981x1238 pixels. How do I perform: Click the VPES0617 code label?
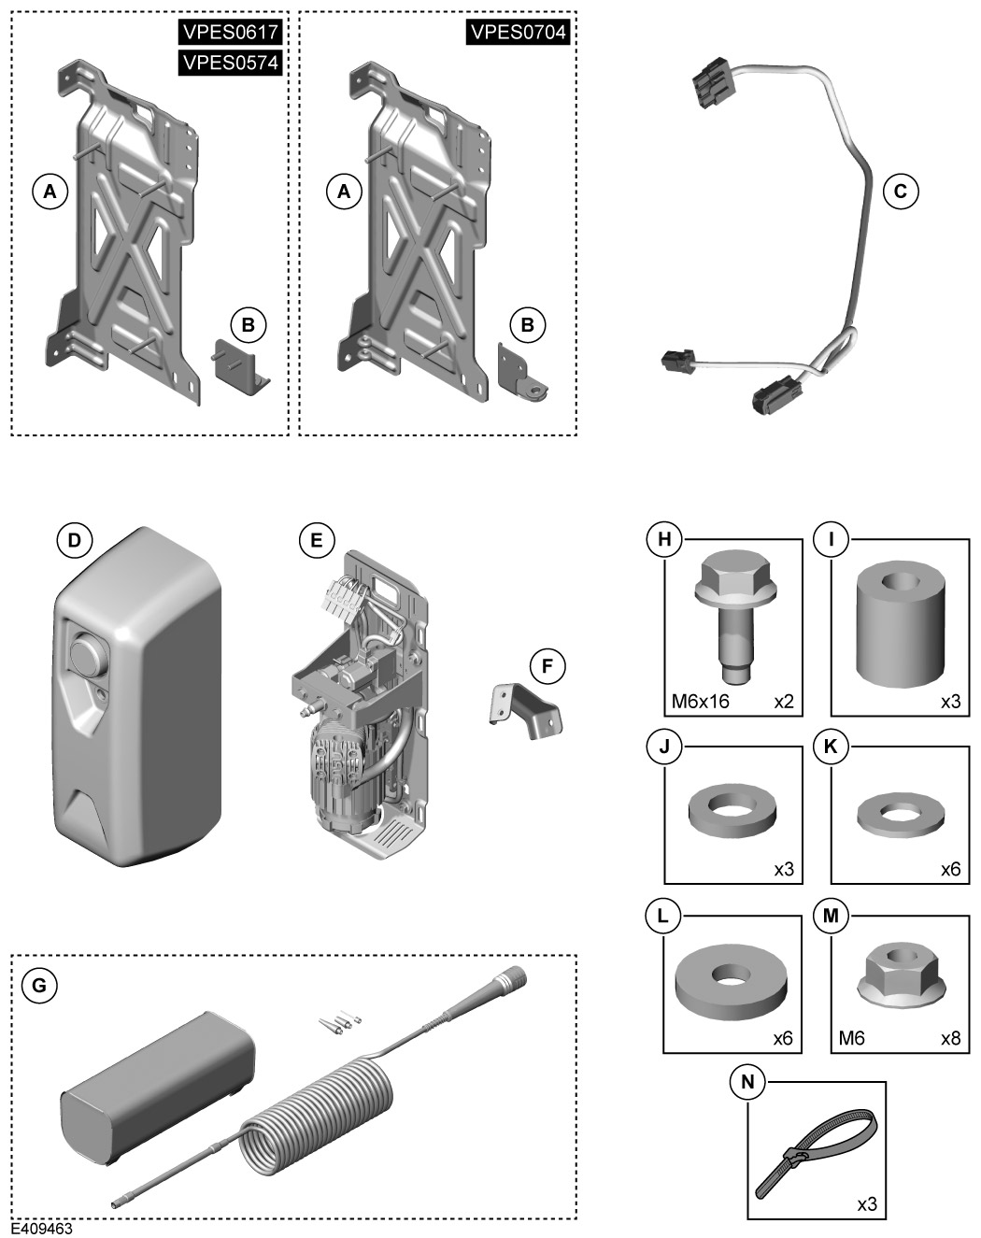tap(230, 33)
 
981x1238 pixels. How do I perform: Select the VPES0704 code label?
tap(518, 33)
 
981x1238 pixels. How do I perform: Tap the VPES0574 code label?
tap(230, 63)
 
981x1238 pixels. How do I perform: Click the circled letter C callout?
tap(901, 192)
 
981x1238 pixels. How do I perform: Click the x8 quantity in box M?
tap(949, 1038)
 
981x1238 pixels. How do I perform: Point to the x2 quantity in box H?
tap(783, 701)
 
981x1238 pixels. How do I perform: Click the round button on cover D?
tap(87, 654)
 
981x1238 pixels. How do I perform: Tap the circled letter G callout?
tap(38, 985)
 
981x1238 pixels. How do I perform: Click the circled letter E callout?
tap(316, 540)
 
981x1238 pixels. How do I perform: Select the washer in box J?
tap(732, 810)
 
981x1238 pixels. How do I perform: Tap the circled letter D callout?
tap(75, 540)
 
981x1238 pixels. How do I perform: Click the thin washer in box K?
tap(900, 810)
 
